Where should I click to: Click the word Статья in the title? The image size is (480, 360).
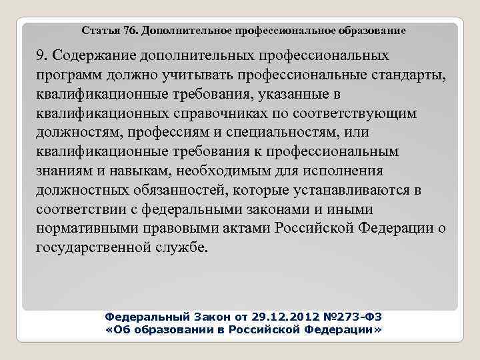pos(97,31)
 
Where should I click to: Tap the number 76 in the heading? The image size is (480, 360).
pos(126,31)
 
